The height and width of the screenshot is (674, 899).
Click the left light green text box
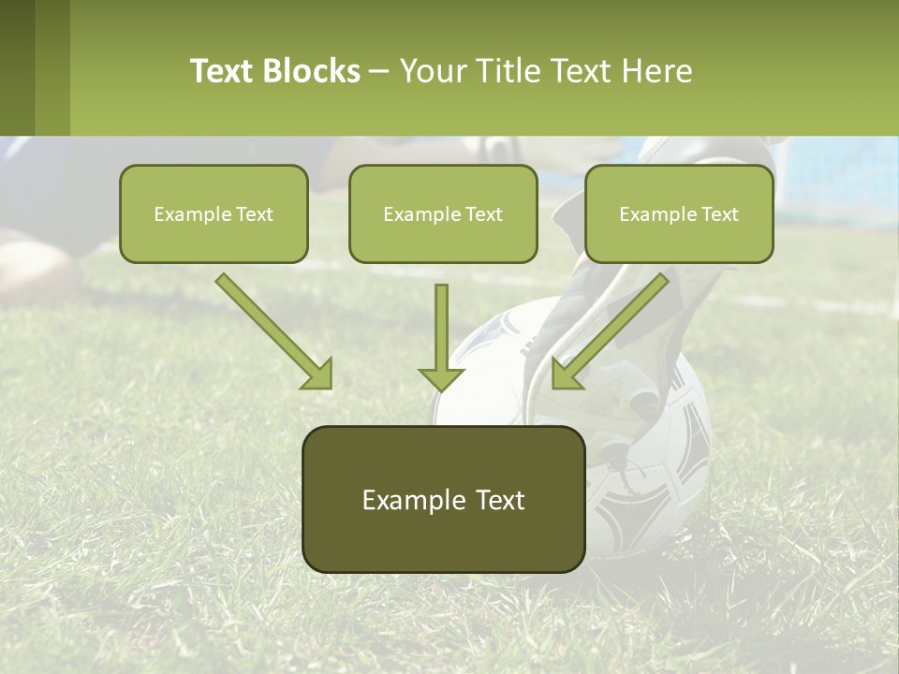click(x=214, y=213)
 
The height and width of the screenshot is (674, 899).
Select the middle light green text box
click(x=443, y=213)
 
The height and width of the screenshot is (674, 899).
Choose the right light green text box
click(x=679, y=213)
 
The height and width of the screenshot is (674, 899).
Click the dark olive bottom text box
click(x=443, y=499)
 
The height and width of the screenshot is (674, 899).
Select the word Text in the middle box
click(x=484, y=214)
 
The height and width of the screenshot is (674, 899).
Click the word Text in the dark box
click(x=501, y=500)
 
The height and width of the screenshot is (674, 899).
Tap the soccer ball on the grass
click(x=656, y=468)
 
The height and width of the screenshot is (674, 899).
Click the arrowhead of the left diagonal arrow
click(x=318, y=374)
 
